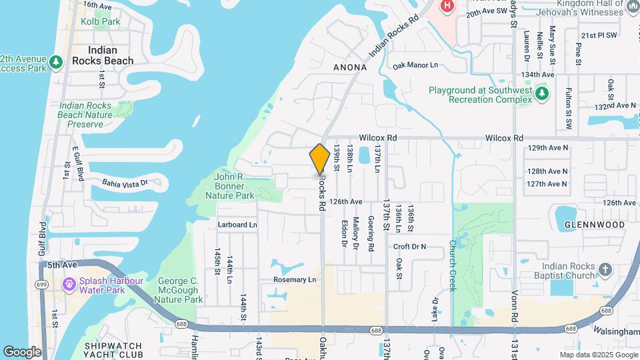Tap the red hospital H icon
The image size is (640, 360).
coord(447,6)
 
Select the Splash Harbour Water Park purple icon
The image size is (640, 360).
coord(69,285)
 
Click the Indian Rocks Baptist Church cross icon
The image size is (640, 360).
coord(605,270)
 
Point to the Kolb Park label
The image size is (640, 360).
coord(100,21)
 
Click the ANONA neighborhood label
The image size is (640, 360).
coord(350,67)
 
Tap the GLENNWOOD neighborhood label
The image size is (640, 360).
coord(595,225)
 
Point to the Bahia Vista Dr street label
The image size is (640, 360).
coord(125,182)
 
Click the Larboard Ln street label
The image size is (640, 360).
coord(237,225)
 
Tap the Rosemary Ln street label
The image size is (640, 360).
coord(294,280)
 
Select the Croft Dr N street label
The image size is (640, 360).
coord(409,247)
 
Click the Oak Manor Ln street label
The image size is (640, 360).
coord(415,65)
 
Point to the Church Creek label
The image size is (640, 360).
coord(452,265)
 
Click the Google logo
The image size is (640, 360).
coord(22,351)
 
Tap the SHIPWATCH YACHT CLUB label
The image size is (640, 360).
coord(113,350)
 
